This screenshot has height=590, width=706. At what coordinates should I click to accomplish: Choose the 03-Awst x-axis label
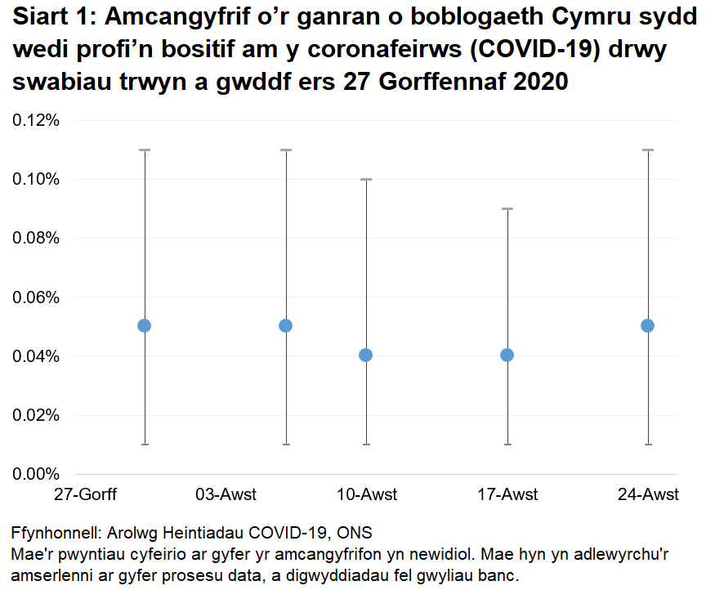[226, 494]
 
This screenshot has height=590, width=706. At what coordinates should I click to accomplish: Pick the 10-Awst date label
[367, 494]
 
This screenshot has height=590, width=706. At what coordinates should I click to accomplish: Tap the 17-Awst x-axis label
[507, 494]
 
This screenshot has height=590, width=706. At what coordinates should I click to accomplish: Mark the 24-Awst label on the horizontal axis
[649, 494]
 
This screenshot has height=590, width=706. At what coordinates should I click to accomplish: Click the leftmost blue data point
[145, 325]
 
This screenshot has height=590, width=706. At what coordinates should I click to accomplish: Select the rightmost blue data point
[648, 325]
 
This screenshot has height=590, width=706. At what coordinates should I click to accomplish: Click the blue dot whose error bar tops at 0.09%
[507, 355]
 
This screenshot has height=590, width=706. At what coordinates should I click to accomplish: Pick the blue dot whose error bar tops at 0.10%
[366, 355]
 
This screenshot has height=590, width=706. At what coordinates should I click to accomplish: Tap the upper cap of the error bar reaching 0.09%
[507, 209]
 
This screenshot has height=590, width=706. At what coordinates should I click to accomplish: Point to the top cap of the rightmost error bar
[648, 150]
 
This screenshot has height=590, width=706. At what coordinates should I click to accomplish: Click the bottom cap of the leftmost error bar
[145, 445]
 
